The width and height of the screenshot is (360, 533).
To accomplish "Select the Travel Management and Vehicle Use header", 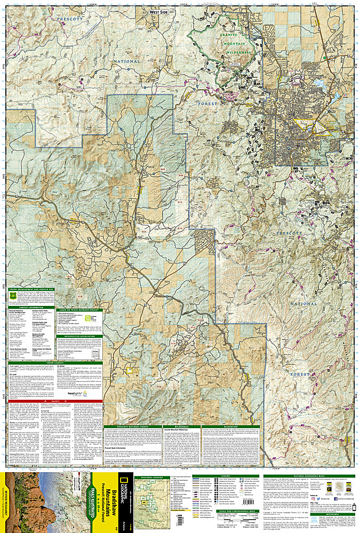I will (36, 287).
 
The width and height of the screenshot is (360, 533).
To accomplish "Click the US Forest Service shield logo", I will (13, 294).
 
